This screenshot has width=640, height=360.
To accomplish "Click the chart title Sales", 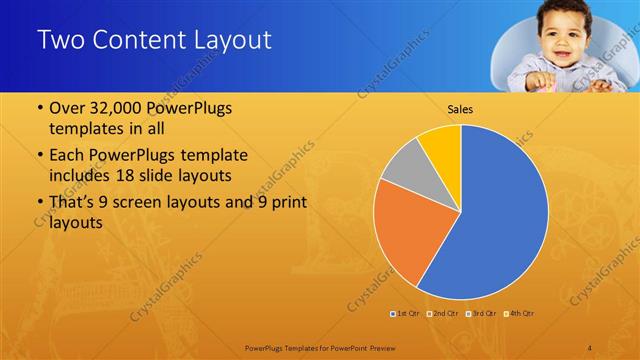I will pyautogui.click(x=460, y=110).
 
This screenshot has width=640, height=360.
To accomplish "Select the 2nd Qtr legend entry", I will pyautogui.click(x=443, y=313).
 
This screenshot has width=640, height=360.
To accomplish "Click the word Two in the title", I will pyautogui.click(x=62, y=41).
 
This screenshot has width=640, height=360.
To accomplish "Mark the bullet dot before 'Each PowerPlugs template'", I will pyautogui.click(x=40, y=157).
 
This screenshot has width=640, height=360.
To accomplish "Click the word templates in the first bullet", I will pyautogui.click(x=85, y=129).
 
